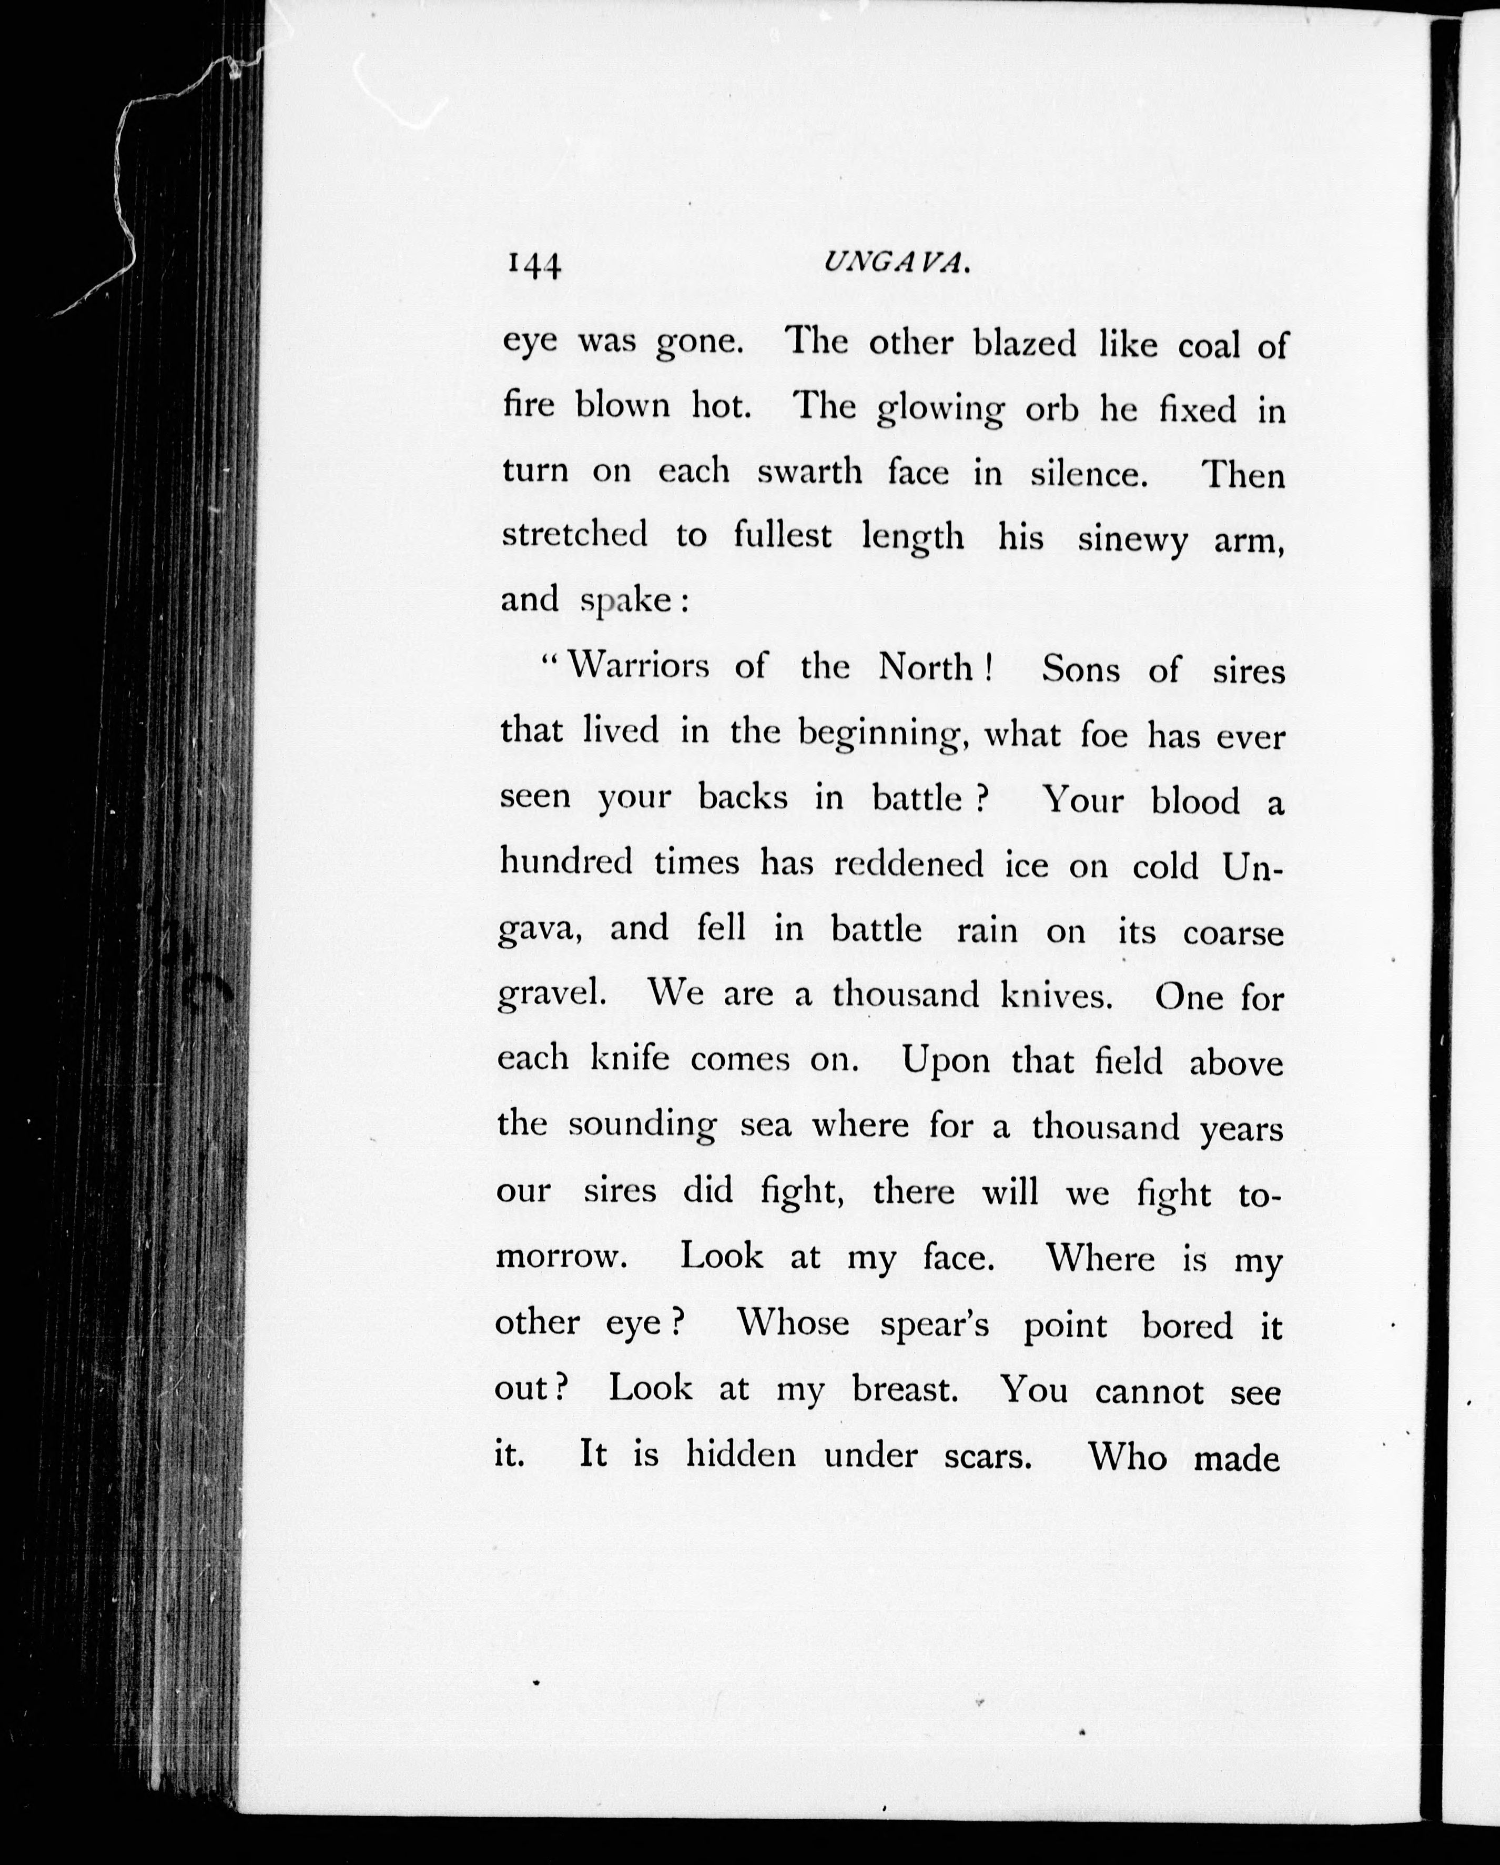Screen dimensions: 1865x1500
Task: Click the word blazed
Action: pyautogui.click(x=1025, y=344)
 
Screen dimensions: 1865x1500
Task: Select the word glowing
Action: pyautogui.click(x=940, y=409)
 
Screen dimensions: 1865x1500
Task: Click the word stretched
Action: pyautogui.click(x=574, y=535)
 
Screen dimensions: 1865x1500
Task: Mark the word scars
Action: pyautogui.click(x=987, y=1456)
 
